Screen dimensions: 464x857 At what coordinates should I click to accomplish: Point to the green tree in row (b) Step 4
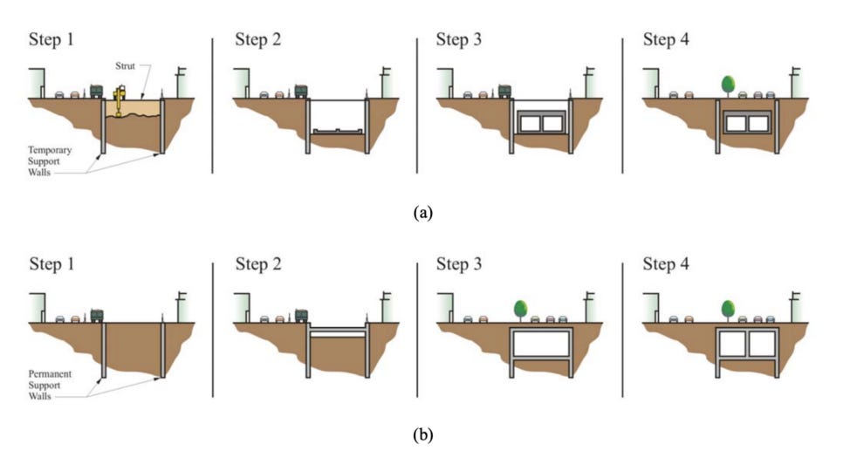[x=728, y=309]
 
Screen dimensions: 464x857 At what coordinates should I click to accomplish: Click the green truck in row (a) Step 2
[x=302, y=92]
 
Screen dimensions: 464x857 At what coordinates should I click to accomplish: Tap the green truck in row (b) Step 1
[x=97, y=315]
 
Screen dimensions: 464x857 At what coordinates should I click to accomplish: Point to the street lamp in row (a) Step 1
[x=181, y=80]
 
